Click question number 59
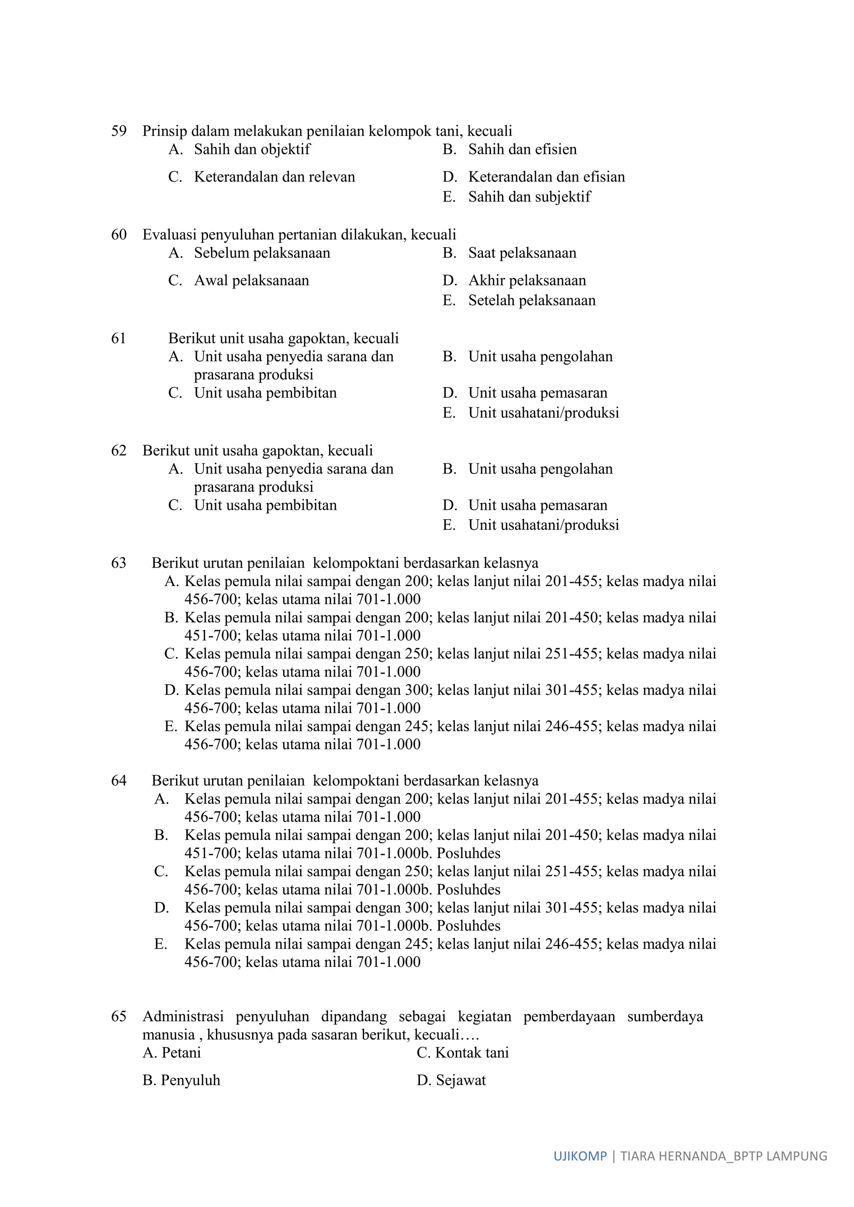click(119, 131)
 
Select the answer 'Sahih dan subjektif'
click(529, 197)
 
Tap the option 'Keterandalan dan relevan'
click(274, 177)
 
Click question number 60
click(119, 235)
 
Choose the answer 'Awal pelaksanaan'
click(251, 280)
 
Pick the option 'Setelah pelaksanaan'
click(532, 300)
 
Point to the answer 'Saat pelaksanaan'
click(522, 253)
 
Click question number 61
click(119, 338)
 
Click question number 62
click(119, 451)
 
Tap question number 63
click(119, 563)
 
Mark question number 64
click(119, 781)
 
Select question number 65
click(119, 1016)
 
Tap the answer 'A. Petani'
click(172, 1052)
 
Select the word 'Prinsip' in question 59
click(165, 131)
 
